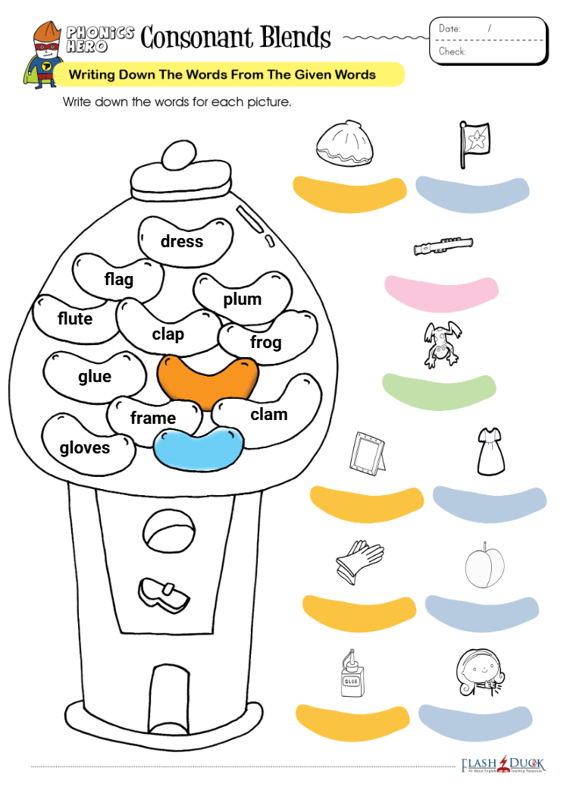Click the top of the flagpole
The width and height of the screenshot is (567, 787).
pos(463,123)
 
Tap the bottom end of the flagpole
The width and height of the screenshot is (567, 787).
pos(463,168)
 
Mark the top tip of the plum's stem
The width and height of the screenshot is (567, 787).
pos(484,543)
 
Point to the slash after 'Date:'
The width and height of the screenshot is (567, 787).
pos(489,29)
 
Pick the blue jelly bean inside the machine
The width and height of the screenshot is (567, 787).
pos(198,448)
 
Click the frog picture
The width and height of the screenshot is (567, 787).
pos(442,343)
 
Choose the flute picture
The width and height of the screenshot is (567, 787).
pos(443,245)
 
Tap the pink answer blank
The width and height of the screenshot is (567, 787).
pos(441,293)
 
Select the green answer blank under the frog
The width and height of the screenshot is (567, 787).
pos(439,391)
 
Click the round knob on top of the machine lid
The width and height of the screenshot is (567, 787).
pos(180,155)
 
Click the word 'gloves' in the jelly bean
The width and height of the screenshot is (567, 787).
pos(85,447)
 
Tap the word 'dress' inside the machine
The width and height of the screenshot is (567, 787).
pos(182,241)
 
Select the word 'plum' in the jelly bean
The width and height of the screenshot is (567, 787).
pos(243,299)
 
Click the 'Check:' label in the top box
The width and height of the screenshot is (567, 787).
pos(452,52)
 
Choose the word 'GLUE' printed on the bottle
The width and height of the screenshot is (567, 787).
pos(351,681)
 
